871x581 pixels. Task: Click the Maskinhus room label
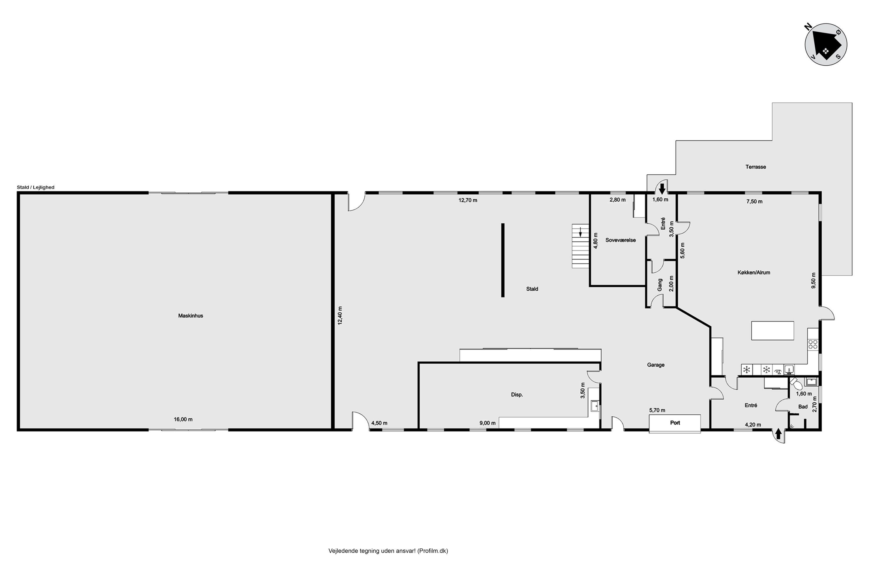tap(190, 316)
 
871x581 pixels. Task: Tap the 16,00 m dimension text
tap(183, 419)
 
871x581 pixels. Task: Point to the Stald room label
tap(532, 289)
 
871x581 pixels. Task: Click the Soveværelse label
tap(621, 240)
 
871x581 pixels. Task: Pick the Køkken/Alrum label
tap(754, 272)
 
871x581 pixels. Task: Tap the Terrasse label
tap(756, 167)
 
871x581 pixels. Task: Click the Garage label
tap(656, 365)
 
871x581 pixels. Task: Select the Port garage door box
tap(675, 423)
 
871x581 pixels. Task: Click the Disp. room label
tap(517, 394)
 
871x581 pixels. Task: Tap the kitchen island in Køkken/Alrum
tap(773, 331)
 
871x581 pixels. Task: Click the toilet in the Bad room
tap(793, 382)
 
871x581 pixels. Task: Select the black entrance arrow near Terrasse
tap(663, 189)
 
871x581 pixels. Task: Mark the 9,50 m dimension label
tap(814, 281)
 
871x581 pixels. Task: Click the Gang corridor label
tap(660, 285)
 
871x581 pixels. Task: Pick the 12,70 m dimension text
tap(468, 200)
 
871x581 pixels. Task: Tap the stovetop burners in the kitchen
tap(813, 344)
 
